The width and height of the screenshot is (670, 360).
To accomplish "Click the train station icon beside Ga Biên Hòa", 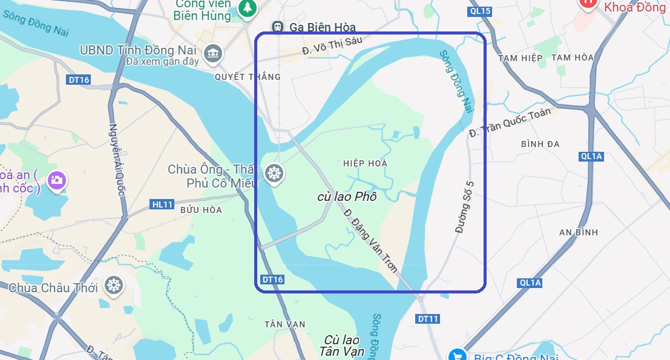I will (x=278, y=27).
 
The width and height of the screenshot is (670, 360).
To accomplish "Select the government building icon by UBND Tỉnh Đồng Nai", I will (x=212, y=53).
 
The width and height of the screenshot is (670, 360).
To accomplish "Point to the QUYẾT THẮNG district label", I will (x=248, y=77).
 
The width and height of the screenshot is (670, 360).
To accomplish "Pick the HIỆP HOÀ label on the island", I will (x=365, y=163).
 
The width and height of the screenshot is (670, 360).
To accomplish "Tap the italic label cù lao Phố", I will (x=347, y=197).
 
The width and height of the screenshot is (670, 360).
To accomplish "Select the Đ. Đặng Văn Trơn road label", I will (x=370, y=240).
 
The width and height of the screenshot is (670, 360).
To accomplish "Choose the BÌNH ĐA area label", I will (x=540, y=144).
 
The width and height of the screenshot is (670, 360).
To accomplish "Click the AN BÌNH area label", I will (x=579, y=232).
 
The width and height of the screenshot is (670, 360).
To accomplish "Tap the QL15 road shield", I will (x=480, y=11).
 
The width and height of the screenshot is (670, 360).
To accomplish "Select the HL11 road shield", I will (x=162, y=205).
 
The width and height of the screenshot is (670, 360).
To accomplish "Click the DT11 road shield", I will (x=428, y=319).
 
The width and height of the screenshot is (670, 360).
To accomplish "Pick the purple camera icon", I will (x=57, y=180).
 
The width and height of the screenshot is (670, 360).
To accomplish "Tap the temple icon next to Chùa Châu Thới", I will (x=113, y=286).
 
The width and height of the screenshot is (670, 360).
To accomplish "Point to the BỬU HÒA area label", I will (x=201, y=210).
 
